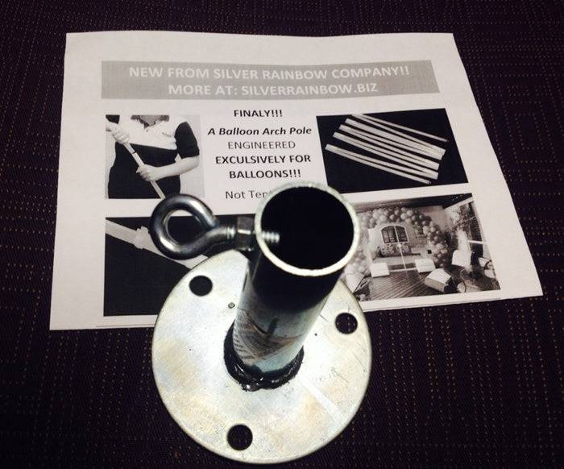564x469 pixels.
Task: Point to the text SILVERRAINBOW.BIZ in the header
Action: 322,88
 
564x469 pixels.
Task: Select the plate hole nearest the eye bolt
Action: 200,285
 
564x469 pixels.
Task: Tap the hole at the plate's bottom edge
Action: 239,437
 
